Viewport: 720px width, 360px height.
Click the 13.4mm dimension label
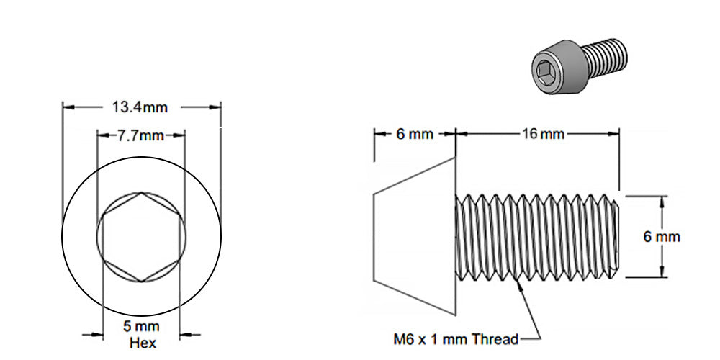point(140,107)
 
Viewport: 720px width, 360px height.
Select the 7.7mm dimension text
point(141,135)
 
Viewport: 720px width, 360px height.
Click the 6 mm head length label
point(415,135)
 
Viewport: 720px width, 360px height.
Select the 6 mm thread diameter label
point(662,237)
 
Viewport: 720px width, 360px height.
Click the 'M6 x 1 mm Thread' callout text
point(455,338)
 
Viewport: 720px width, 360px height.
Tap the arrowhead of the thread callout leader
point(519,282)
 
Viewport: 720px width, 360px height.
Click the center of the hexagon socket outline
point(141,238)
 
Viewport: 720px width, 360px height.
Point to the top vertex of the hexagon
point(141,193)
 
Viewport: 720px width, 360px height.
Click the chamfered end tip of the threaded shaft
point(618,236)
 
